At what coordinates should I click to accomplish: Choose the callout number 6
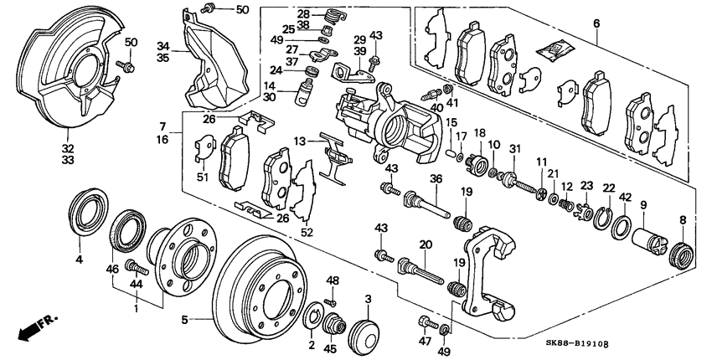[x=596, y=24]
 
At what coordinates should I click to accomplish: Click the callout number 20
[x=426, y=244]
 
